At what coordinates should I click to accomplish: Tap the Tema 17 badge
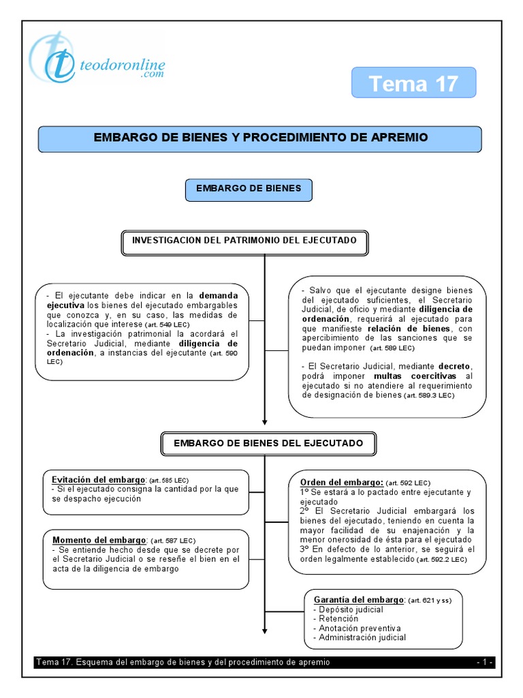[x=413, y=84]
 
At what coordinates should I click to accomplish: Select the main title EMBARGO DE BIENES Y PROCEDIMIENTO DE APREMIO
[x=260, y=138]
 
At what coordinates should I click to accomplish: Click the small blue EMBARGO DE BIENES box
[x=249, y=189]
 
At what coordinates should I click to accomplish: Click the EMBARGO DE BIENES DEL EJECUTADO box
[x=268, y=444]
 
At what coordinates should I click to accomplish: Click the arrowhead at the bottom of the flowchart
[x=264, y=630]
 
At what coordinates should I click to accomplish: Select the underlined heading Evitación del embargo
[x=99, y=479]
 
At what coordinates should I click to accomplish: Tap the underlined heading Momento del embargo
[x=100, y=540]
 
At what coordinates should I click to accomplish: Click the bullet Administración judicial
[x=362, y=638]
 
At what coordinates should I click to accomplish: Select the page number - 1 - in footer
[x=485, y=663]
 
